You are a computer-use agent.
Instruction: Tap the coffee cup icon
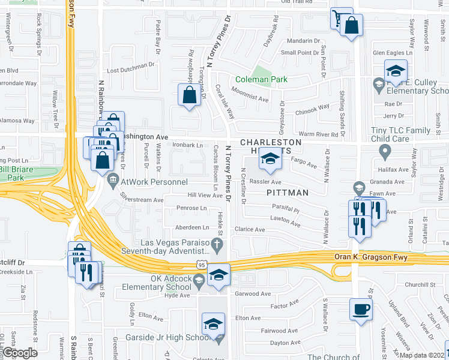pos(361,310)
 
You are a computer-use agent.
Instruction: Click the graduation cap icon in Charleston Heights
pos(270,159)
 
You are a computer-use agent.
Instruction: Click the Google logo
pos(19,353)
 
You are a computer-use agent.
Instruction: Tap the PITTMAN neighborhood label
pos(288,193)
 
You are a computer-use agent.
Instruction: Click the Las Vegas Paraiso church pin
pos(220,244)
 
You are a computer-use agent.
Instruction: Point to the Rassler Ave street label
pos(267,182)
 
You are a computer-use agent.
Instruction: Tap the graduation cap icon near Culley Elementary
pos(396,71)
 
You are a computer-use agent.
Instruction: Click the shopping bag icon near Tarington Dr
pos(190,95)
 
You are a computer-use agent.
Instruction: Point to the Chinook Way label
pos(312,109)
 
